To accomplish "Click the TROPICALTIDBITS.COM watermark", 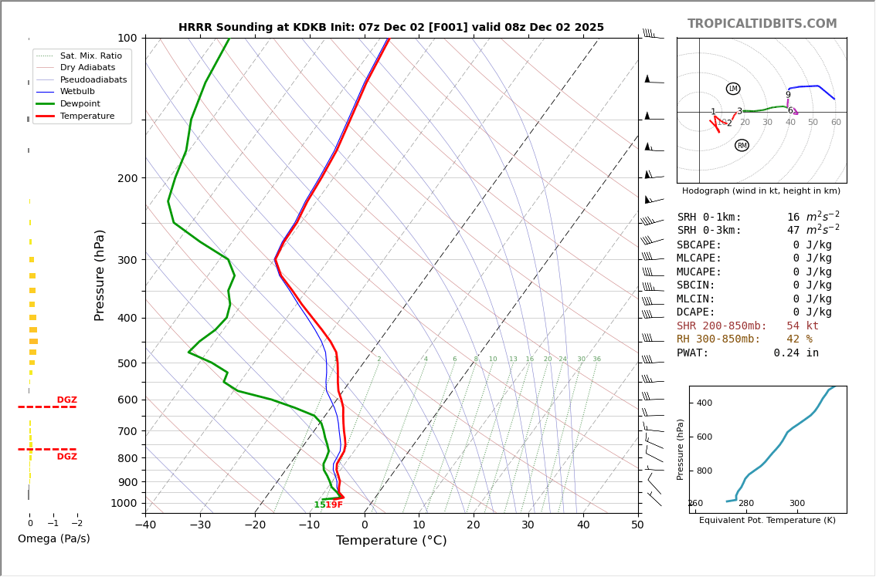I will pos(762,24).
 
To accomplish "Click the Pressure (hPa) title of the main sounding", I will pos(100,275).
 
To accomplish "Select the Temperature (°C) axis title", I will pos(391,541).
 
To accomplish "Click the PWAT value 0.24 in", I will pos(796,353).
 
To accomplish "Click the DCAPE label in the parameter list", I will pos(699,312).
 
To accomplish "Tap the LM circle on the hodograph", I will pos(733,89).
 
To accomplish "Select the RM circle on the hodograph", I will pos(742,145).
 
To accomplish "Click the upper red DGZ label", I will pos(66,400).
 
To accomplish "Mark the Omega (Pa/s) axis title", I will pos(53,538).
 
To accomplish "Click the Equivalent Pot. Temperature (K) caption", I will pos(767,520).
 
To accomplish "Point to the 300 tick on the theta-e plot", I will pos(796,504).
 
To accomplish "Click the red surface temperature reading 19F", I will pos(334,505).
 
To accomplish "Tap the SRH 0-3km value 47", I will pos(793,231).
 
